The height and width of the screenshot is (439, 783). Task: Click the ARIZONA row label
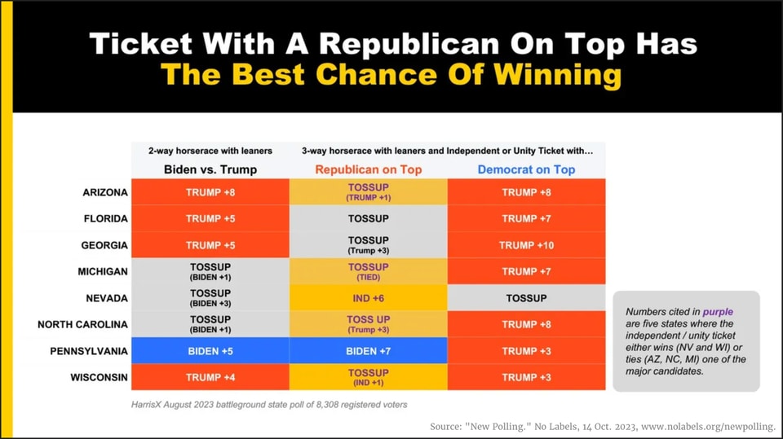click(105, 192)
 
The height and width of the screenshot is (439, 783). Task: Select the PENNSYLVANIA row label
click(89, 351)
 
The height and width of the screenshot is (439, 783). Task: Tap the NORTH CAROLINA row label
click(82, 324)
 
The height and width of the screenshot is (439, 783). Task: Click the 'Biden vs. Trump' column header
click(210, 169)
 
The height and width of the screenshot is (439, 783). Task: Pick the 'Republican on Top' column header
click(368, 169)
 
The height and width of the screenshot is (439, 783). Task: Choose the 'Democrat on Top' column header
click(526, 169)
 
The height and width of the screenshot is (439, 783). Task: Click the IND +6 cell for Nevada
click(368, 298)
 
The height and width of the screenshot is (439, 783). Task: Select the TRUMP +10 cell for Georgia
click(526, 245)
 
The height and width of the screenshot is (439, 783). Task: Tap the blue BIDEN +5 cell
click(210, 351)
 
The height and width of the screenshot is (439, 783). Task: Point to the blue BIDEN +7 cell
click(368, 351)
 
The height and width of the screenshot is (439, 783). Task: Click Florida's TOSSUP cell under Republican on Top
click(368, 218)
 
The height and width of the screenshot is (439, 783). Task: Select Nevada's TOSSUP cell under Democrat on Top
click(526, 298)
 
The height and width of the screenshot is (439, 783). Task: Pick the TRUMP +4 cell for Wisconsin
click(210, 377)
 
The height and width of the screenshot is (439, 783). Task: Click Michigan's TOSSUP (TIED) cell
click(368, 271)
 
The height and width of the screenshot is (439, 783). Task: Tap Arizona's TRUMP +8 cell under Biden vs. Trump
click(210, 192)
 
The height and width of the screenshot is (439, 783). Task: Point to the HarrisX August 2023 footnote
click(269, 404)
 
